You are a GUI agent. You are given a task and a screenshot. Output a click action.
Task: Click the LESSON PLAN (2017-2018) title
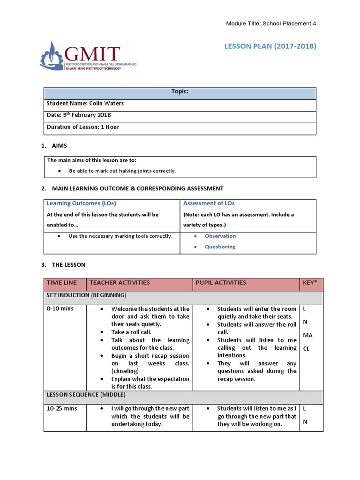pos(270,46)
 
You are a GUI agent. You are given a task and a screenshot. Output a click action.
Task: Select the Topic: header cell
pos(180,92)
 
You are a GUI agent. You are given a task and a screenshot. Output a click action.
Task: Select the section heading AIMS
pos(59,146)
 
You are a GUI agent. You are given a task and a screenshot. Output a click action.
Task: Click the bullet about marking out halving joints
pos(122,171)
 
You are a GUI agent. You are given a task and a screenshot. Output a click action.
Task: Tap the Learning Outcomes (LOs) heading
pos(81,203)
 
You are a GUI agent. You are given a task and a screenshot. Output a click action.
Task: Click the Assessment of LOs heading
pos(209,203)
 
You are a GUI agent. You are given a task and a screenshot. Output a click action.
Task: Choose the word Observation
pos(220,236)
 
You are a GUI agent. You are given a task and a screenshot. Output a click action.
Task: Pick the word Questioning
pos(220,247)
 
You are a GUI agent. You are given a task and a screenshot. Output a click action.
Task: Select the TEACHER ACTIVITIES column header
pos(120,283)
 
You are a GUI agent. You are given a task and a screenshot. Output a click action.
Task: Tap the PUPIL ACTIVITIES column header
pos(221,283)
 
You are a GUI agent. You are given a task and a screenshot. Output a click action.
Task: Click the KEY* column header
pos(309,283)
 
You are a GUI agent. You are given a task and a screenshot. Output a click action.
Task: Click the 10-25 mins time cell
pos(61,409)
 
